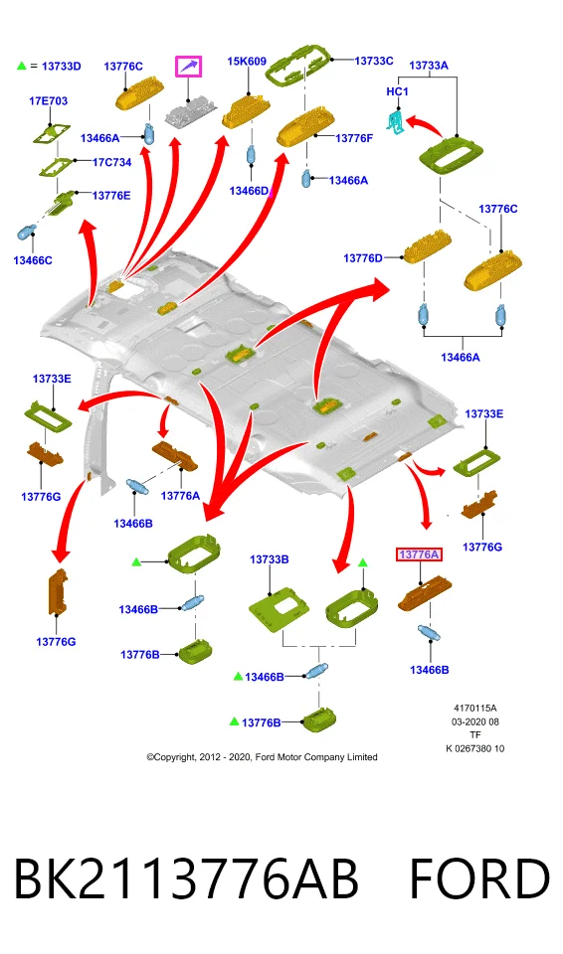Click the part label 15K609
pos(247,62)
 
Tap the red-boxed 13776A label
pos(419,555)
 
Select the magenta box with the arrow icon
pos(189,67)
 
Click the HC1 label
pos(397,91)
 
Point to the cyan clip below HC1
pos(396,120)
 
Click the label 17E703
pos(48,101)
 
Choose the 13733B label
pos(270,559)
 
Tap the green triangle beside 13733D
pos(22,66)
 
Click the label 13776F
pos(354,138)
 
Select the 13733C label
pos(373,61)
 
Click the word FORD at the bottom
pos(479,878)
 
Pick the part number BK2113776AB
pos(185,878)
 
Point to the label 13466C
pos(33,260)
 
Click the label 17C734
pos(112,162)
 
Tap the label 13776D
pos(363,258)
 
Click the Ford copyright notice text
pos(262,757)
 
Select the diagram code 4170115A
pos(475,709)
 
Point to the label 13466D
pos(249,191)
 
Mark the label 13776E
pos(111,196)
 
